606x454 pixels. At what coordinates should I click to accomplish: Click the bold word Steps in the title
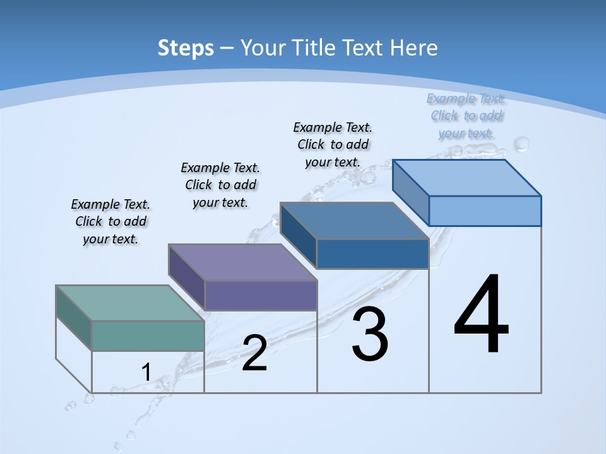tap(186, 48)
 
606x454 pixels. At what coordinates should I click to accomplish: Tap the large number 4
tap(481, 315)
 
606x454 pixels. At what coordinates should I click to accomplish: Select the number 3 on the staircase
tap(370, 334)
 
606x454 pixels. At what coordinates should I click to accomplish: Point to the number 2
tap(254, 354)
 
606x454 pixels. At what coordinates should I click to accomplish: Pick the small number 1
tap(146, 372)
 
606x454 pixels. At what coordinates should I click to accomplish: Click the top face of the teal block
tap(129, 303)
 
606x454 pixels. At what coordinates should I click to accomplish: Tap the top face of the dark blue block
tap(354, 221)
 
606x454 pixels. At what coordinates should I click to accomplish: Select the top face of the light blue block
tap(466, 177)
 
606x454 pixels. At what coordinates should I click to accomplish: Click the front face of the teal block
tap(148, 335)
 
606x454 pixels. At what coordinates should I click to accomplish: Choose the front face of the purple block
tap(261, 295)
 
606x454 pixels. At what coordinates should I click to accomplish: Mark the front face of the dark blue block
tap(372, 253)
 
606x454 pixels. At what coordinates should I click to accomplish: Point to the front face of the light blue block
tap(485, 211)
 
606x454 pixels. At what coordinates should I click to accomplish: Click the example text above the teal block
tap(110, 221)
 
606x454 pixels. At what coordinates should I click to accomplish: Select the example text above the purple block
tap(220, 185)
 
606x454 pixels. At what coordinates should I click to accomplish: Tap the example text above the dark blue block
tap(333, 144)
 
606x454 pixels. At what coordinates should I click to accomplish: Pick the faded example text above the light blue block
tap(466, 116)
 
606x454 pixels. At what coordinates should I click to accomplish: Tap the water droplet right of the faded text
tap(521, 144)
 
